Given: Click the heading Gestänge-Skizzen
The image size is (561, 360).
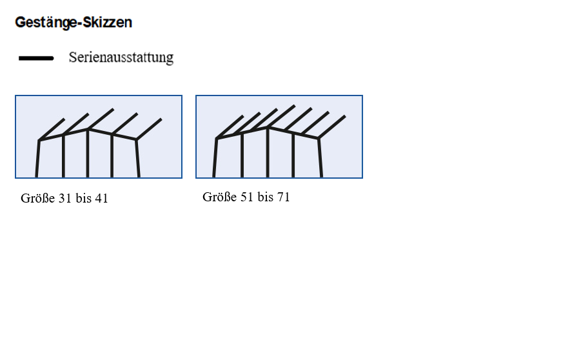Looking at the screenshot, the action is click(74, 23).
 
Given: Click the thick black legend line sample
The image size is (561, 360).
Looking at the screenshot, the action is click(36, 58).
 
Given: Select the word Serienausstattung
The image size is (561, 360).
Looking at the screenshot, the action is click(121, 57).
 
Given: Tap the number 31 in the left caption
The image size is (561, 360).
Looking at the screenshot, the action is click(64, 198).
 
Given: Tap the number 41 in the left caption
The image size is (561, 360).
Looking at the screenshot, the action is click(102, 198).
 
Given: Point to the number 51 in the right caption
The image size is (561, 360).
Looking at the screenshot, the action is click(246, 197).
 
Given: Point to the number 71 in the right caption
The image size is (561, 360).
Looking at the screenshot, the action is click(283, 197).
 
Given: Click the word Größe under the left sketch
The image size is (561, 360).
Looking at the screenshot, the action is click(38, 198).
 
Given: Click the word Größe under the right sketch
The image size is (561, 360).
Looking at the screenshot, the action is click(220, 197).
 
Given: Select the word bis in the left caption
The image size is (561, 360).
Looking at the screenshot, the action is click(83, 198).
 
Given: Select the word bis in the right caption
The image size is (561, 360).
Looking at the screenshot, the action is click(265, 197).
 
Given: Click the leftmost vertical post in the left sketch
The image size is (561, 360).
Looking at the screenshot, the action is click(37, 159).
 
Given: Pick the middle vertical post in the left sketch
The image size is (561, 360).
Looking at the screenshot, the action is click(88, 153).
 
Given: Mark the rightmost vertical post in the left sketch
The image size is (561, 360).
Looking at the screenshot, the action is click(137, 158).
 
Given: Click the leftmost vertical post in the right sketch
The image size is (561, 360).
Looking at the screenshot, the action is click(215, 157).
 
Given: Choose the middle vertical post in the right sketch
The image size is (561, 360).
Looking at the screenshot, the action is click(268, 152).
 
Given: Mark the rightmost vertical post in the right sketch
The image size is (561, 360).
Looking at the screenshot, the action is click(320, 157).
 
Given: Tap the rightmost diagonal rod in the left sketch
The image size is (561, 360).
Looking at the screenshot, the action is click(149, 129).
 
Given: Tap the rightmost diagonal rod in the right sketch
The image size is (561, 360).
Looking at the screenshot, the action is click(331, 126).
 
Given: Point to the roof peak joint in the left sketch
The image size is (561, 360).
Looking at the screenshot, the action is click(88, 129).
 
